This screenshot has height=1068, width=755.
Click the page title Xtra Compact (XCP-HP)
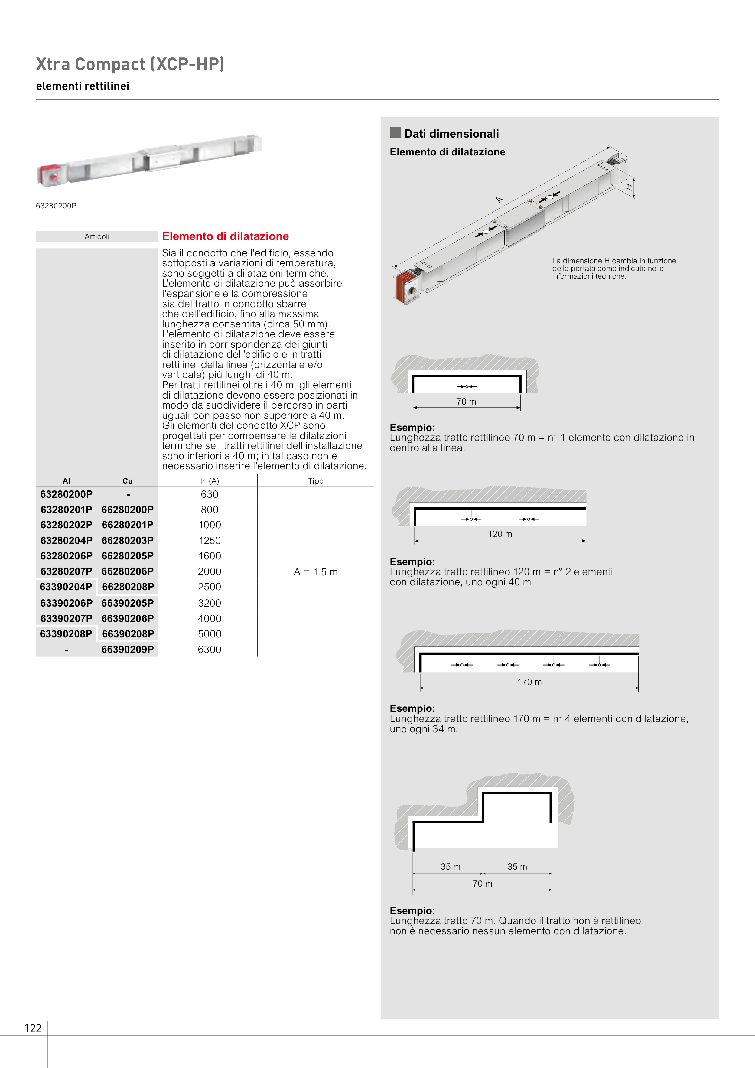(x=130, y=64)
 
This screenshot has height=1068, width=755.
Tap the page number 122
(x=33, y=1028)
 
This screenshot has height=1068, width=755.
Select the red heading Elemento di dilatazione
(x=225, y=236)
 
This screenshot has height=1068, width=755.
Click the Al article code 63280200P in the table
(x=67, y=494)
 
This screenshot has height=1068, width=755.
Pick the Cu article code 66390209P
(x=128, y=650)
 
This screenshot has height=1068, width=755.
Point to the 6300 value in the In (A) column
(x=209, y=650)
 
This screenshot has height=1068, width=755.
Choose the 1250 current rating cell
(x=209, y=541)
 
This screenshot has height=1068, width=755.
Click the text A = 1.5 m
(x=315, y=572)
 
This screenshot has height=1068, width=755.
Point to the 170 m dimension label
(x=529, y=682)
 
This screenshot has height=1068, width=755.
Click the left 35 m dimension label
(x=450, y=867)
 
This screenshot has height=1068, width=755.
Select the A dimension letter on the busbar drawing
(x=500, y=200)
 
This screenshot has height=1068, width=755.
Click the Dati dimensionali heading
(x=451, y=134)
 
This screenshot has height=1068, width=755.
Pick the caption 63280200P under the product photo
(x=56, y=206)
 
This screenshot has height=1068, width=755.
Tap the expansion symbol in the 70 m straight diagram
(x=467, y=386)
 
